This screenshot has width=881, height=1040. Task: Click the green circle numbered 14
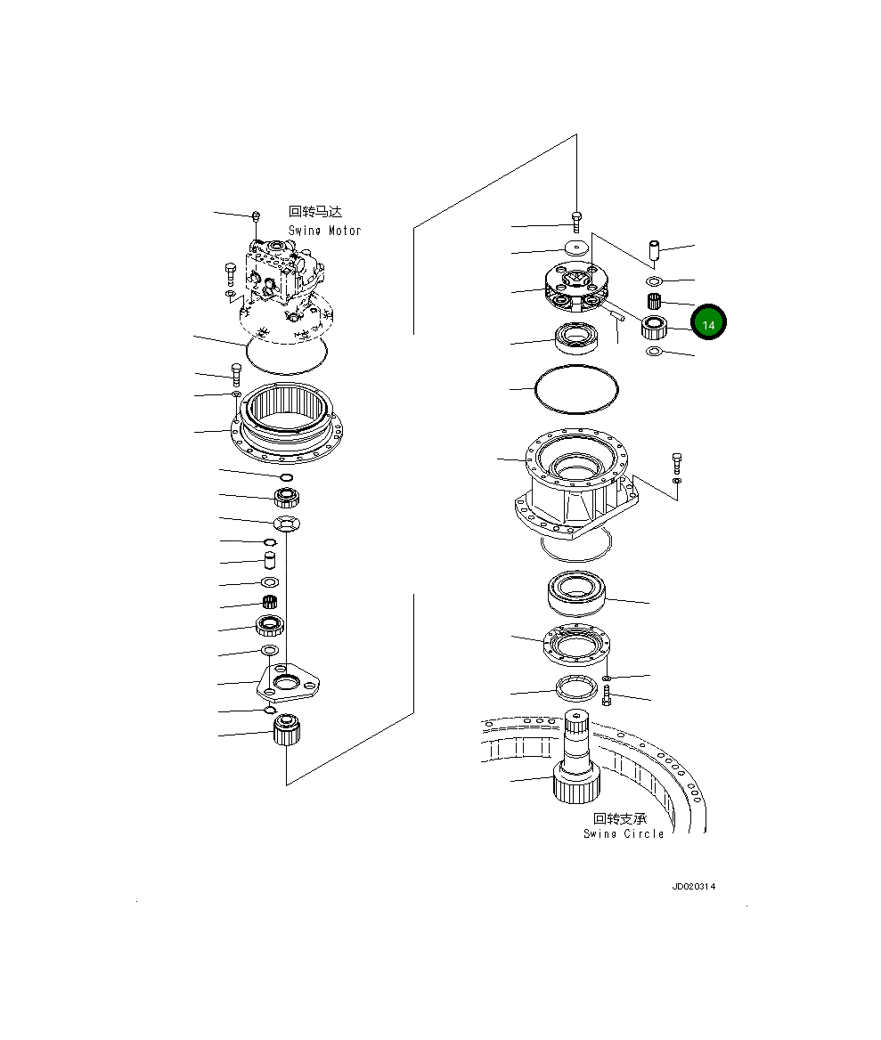[x=709, y=324]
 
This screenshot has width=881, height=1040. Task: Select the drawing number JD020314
[x=693, y=887]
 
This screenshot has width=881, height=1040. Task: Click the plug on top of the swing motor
[x=257, y=215]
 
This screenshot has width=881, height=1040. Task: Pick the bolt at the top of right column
[x=576, y=223]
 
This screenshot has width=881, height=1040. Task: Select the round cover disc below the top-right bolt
[x=577, y=248]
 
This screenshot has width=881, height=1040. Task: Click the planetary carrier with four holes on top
[x=576, y=286]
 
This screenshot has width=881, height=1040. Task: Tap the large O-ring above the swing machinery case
[x=575, y=389]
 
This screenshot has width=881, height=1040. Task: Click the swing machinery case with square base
[x=575, y=485]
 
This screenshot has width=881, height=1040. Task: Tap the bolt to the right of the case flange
[x=677, y=463]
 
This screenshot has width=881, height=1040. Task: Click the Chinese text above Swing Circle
[x=620, y=818]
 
